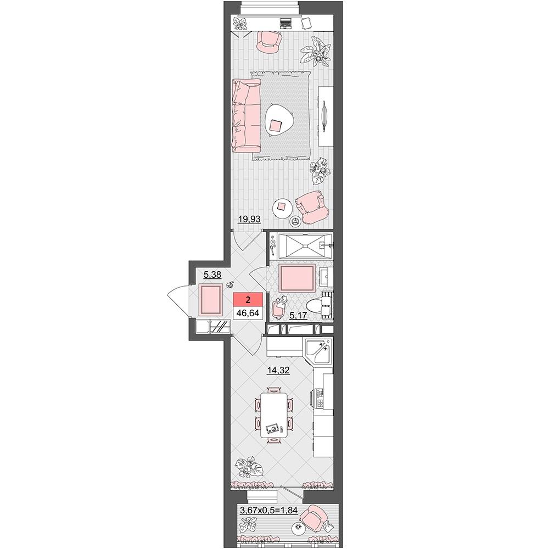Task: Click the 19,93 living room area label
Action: (249, 220)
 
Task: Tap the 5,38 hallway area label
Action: (212, 275)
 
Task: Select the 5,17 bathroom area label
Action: (298, 316)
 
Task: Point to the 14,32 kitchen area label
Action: (278, 370)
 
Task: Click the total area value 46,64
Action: (248, 313)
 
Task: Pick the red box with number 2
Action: (248, 299)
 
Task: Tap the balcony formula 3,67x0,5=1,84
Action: (269, 511)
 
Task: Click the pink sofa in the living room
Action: (246, 115)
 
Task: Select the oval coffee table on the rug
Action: (279, 120)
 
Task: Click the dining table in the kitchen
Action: (274, 415)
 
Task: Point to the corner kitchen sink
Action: (318, 351)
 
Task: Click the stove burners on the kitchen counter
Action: (320, 398)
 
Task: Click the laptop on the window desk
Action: (285, 23)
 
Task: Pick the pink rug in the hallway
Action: (210, 299)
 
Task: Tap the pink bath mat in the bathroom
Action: (296, 278)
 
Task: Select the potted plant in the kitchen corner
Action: (247, 467)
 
